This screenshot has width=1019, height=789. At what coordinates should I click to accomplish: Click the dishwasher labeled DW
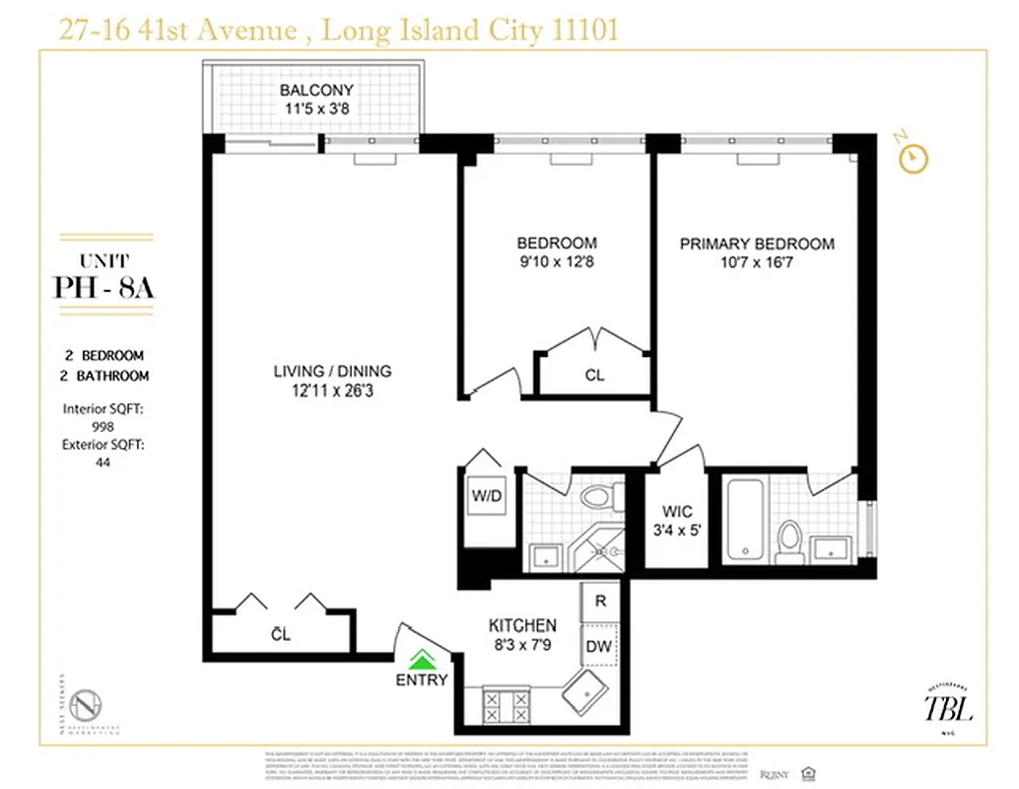[599, 647]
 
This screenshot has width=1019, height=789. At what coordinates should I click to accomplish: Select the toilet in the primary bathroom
[788, 540]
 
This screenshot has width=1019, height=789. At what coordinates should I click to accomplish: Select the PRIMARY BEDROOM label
[757, 252]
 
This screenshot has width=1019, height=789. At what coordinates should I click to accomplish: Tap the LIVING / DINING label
[332, 380]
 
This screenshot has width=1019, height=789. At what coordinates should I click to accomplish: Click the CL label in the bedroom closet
[594, 375]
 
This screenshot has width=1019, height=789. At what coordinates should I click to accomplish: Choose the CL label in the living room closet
[281, 634]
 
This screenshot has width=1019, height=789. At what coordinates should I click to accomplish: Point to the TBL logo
[947, 706]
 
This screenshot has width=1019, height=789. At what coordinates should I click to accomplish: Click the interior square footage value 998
[102, 426]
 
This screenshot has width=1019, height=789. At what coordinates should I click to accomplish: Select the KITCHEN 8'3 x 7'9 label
[523, 634]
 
